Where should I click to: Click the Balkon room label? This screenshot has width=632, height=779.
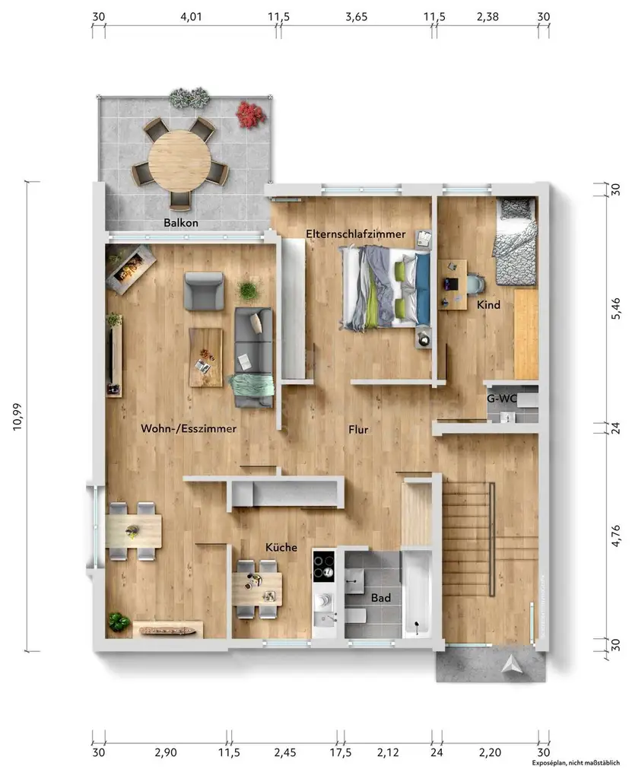click(181, 223)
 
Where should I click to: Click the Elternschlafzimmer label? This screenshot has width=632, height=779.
click(355, 234)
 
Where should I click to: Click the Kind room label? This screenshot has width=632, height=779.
click(487, 305)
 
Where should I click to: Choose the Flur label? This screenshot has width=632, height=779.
click(358, 430)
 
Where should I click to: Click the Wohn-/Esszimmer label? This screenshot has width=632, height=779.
click(189, 429)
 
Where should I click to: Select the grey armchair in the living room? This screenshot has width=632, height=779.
click(204, 291)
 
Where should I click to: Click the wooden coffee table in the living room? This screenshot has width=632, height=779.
click(205, 357)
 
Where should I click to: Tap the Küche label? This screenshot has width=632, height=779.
click(281, 548)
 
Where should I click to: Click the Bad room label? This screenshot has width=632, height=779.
click(381, 599)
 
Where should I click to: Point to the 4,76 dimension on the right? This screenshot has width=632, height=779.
click(616, 537)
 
